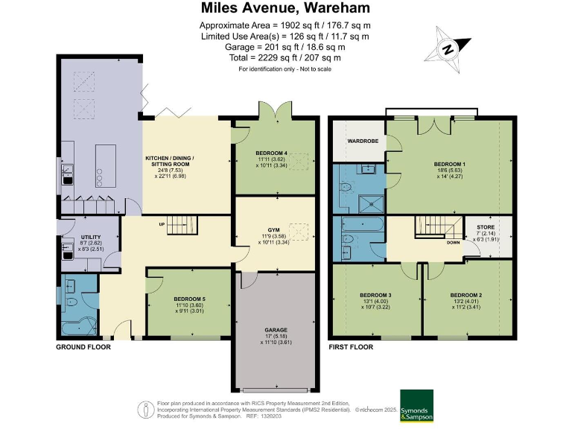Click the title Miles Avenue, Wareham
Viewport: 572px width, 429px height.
[286, 8]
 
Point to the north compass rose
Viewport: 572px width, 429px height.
[449, 49]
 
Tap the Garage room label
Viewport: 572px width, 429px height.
[275, 330]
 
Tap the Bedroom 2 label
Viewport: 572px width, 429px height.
[467, 295]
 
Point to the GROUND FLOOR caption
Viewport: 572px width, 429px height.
[83, 347]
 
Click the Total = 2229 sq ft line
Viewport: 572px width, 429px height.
[286, 57]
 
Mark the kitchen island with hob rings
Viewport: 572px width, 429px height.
[102, 167]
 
